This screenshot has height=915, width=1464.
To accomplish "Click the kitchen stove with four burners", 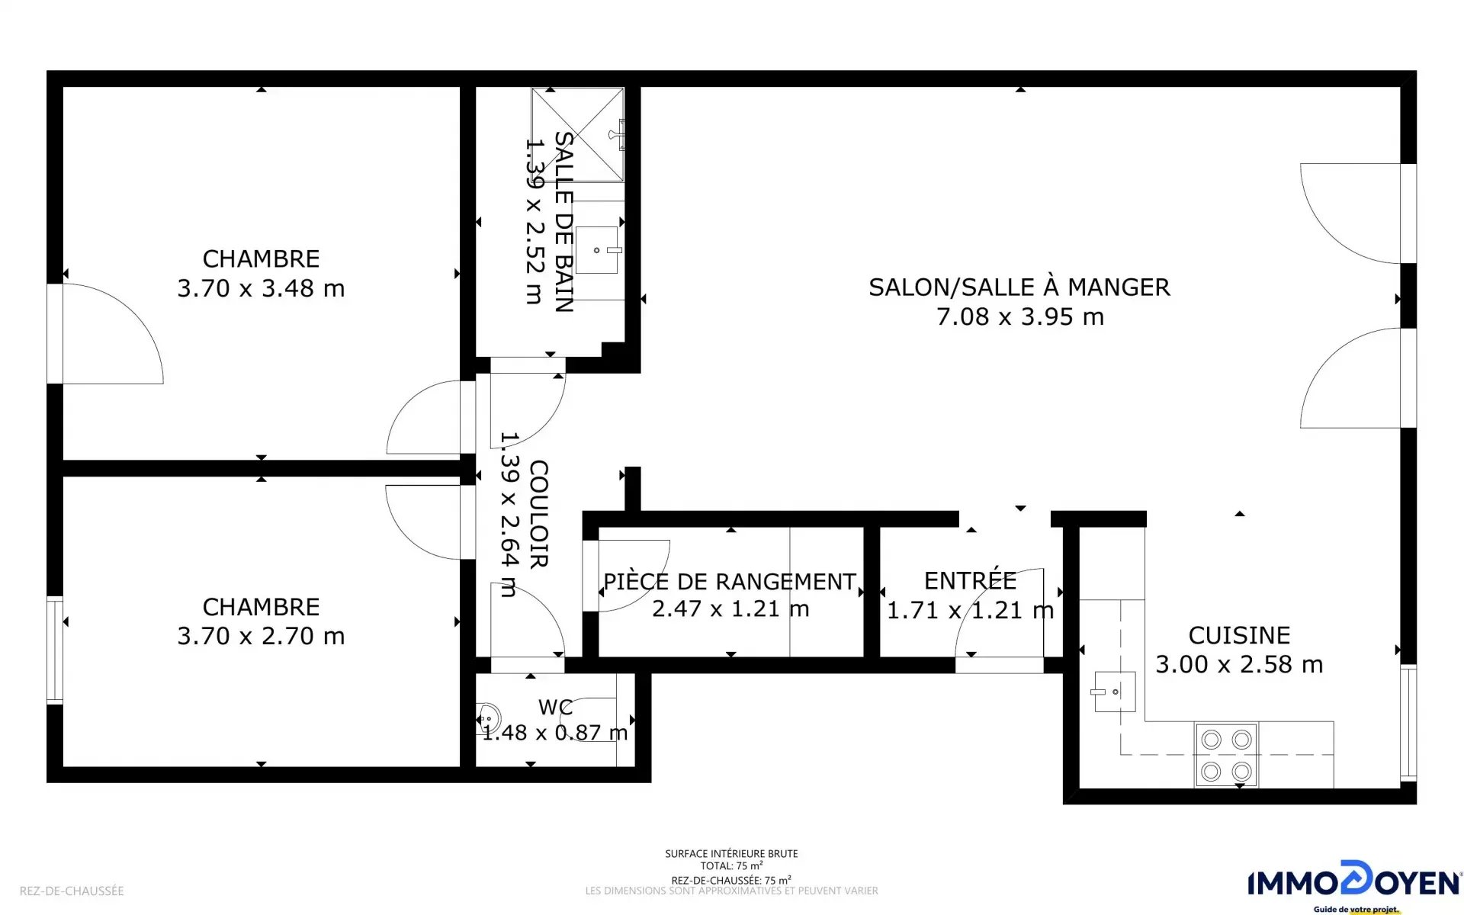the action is click(x=1227, y=756).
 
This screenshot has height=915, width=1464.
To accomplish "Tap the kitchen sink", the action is click(x=1115, y=692).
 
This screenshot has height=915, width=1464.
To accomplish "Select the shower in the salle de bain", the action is click(x=578, y=135).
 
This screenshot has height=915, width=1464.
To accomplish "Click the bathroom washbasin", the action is click(x=597, y=250).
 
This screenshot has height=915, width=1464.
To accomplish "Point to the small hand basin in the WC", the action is click(x=488, y=718).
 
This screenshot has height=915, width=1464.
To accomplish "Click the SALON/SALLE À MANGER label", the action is click(x=1019, y=287).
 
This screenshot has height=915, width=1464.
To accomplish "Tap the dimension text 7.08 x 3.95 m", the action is click(x=1020, y=316).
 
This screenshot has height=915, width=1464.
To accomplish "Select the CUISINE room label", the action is click(x=1239, y=635).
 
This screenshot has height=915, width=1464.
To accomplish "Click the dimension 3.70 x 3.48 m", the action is click(x=261, y=288).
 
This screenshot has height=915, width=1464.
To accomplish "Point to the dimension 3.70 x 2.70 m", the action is click(x=261, y=636).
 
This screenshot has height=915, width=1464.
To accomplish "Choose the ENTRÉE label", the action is click(x=970, y=580).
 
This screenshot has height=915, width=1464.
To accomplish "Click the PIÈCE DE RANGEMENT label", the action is click(x=730, y=582).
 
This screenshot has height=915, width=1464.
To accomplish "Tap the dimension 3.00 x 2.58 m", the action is click(x=1239, y=664).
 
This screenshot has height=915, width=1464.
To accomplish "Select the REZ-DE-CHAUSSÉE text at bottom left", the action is click(x=72, y=891).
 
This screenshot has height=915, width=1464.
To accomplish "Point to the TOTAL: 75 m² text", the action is click(x=732, y=866).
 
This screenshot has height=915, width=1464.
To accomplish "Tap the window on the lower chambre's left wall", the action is click(x=55, y=650).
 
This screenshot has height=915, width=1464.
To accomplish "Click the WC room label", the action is click(x=555, y=707).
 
